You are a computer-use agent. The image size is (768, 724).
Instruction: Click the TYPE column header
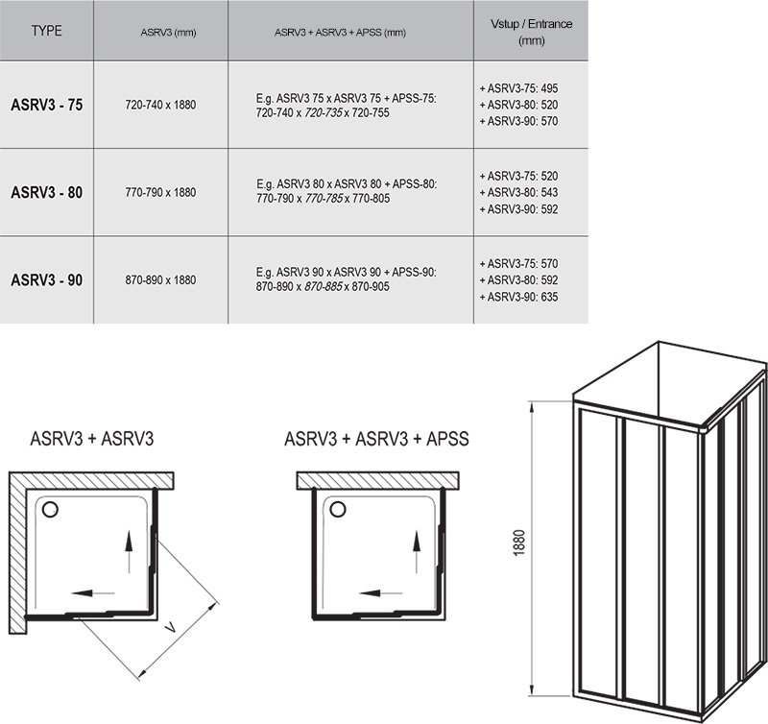(46, 31)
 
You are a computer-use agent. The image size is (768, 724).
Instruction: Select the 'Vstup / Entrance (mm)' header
(532, 32)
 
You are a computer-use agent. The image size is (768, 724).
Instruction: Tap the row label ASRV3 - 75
(47, 105)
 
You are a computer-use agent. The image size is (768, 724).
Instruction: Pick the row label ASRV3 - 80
(47, 192)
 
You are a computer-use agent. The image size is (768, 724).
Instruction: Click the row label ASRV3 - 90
(47, 280)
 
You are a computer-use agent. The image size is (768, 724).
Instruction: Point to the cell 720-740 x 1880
(160, 105)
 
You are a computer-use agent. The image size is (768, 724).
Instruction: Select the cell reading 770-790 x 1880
(160, 192)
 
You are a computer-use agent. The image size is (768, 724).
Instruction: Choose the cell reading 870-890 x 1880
(160, 280)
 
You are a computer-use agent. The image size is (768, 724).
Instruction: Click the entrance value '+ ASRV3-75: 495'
(518, 88)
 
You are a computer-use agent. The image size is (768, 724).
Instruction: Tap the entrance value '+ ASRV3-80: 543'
(518, 192)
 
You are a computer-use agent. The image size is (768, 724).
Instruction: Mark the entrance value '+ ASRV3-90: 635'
(518, 297)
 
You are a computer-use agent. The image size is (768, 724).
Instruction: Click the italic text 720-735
(324, 113)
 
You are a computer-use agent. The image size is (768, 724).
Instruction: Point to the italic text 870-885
(324, 286)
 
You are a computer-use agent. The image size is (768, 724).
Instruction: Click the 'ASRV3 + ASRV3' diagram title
(92, 439)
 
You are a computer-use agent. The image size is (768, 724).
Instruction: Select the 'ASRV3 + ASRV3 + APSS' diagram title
(376, 439)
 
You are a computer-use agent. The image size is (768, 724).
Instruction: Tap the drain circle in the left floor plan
(50, 510)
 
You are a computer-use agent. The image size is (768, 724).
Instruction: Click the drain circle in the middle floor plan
(338, 509)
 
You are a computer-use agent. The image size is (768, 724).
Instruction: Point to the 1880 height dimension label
(519, 543)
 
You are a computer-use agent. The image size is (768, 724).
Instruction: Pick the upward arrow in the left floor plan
(129, 552)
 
